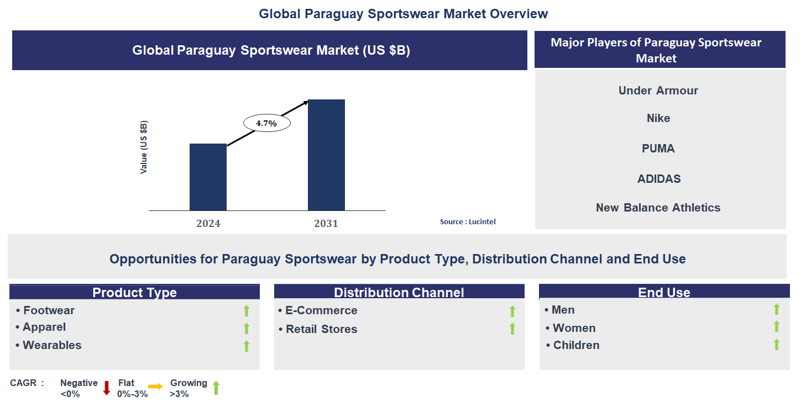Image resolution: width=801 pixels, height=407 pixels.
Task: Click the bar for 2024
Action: (208, 177)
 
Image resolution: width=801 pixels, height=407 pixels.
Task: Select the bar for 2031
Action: (326, 155)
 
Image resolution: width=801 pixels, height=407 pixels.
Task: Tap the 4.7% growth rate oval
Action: (266, 124)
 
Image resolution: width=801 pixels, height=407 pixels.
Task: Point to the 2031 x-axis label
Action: (326, 224)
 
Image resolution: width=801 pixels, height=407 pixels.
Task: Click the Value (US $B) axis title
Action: (144, 147)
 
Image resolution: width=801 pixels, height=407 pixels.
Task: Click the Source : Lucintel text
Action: (468, 221)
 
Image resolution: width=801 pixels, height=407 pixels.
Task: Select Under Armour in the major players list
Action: (658, 91)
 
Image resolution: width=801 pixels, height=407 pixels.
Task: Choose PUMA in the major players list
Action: (658, 149)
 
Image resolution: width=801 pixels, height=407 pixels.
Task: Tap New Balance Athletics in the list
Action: (658, 208)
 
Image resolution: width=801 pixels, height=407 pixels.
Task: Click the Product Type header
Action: (134, 293)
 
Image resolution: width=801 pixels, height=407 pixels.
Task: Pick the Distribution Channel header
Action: (399, 293)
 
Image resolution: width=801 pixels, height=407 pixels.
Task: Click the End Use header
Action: (664, 293)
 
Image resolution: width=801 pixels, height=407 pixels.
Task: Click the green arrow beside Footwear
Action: (247, 311)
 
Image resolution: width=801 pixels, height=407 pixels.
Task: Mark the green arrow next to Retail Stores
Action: (512, 329)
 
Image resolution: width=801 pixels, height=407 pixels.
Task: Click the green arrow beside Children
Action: (776, 345)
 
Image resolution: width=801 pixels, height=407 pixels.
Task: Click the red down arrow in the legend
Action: (107, 388)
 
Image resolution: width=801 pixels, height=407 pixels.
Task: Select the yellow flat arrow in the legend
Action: (155, 387)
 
